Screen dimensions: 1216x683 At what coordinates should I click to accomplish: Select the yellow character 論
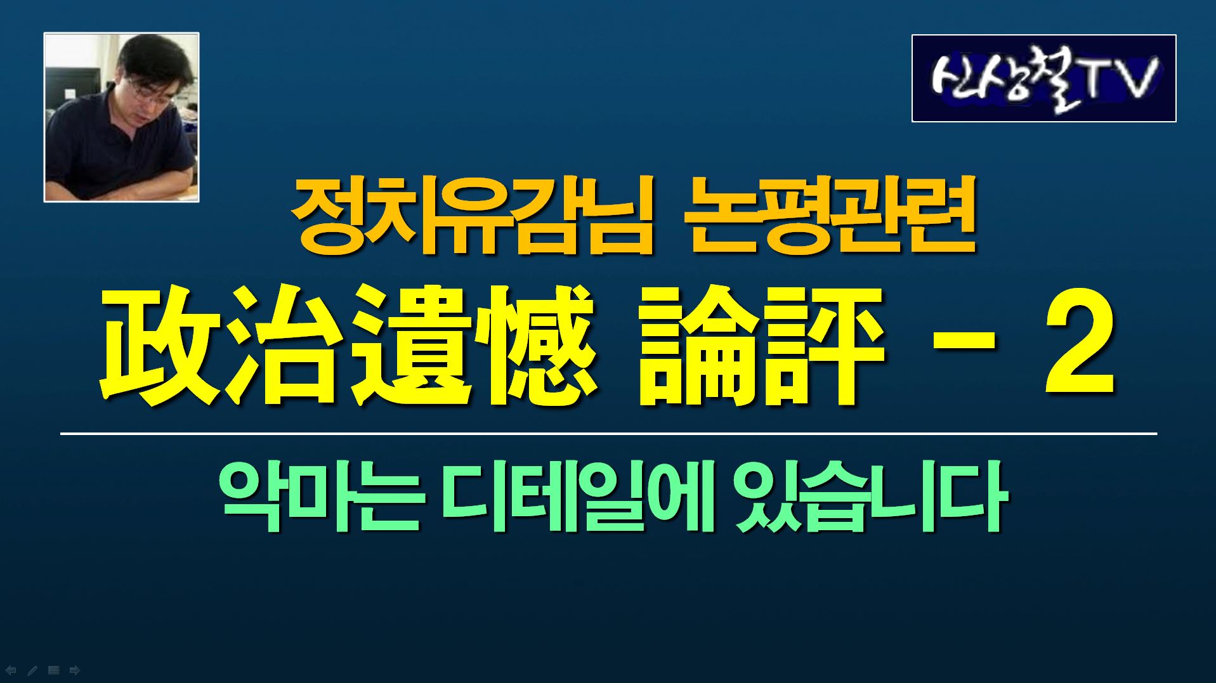point(698,346)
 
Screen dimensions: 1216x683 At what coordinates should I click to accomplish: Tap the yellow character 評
point(822,346)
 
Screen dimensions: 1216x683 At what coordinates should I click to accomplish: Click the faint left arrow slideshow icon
point(11,670)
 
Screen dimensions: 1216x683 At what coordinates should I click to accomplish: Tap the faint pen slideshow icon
point(32,670)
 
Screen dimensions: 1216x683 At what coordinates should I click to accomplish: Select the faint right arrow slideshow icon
point(75,670)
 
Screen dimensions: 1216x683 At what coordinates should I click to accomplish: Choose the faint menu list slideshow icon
point(54,670)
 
